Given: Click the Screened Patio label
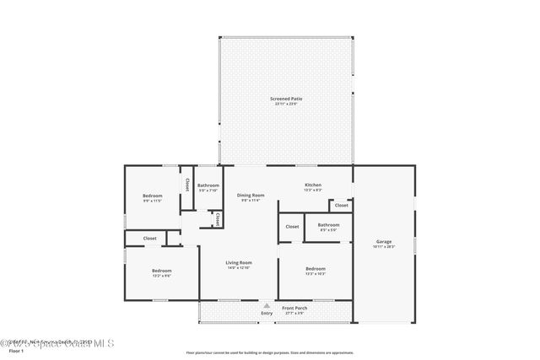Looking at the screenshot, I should (286, 99).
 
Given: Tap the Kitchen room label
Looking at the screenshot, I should (312, 185).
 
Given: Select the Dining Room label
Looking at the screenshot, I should (251, 195).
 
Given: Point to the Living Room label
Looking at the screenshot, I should (239, 262).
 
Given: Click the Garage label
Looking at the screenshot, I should (384, 242).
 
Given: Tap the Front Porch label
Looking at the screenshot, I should (294, 308).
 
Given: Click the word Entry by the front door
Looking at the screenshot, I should (267, 314).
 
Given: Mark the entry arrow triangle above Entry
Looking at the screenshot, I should (267, 305).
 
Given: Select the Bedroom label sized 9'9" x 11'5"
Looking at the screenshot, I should (152, 196).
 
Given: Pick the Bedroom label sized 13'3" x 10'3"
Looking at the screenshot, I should (316, 268).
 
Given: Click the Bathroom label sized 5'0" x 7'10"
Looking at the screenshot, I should (208, 185).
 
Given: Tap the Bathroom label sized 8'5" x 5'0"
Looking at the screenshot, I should (328, 224).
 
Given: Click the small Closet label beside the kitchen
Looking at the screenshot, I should (341, 205).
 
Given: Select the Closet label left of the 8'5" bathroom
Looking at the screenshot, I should (292, 226).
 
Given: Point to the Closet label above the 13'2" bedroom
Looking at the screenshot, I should (149, 239).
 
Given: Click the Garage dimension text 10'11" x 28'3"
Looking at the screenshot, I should (384, 247).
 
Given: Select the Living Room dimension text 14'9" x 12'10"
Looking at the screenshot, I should (239, 268).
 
